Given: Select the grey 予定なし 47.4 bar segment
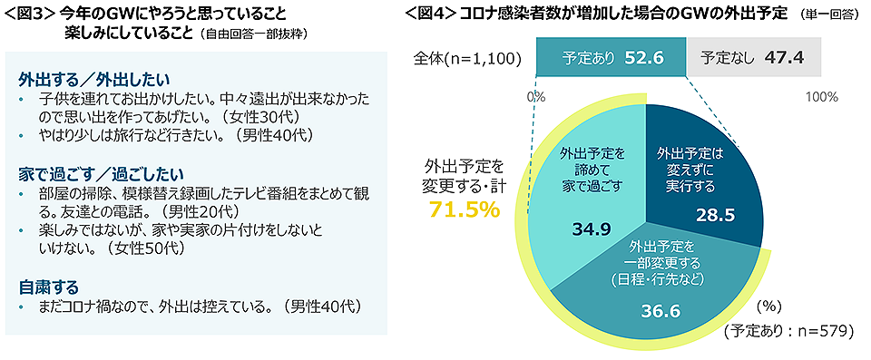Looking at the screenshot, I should (753, 57).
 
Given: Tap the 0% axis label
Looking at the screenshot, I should (535, 95).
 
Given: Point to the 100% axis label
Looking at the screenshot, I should (822, 95).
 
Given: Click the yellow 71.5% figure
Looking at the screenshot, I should (464, 210).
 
